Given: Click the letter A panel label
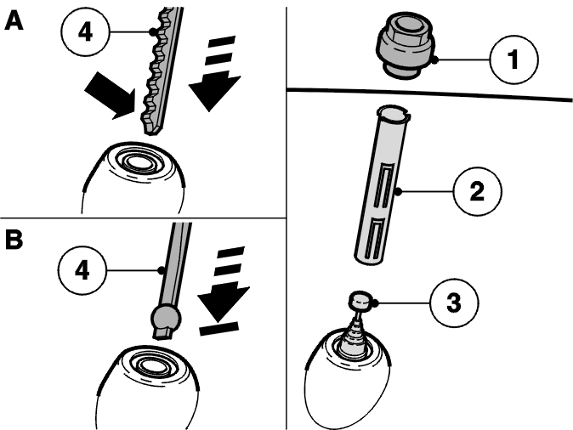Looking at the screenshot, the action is [14, 20].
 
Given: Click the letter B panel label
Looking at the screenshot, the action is [14, 240].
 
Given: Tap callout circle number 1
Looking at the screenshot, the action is [513, 59].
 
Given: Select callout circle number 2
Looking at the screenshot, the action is [477, 191].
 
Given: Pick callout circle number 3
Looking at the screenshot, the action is [454, 303].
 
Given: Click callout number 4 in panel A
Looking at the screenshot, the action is [85, 32].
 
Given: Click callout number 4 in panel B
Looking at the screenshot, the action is [82, 270].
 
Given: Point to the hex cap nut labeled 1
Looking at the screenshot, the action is [405, 44].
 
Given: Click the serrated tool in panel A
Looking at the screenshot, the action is [161, 70].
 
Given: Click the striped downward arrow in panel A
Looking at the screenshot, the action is [215, 73].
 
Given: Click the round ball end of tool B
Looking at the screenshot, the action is [167, 317].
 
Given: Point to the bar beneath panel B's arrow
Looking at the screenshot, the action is [218, 328].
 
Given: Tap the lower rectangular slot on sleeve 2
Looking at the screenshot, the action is [373, 237].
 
